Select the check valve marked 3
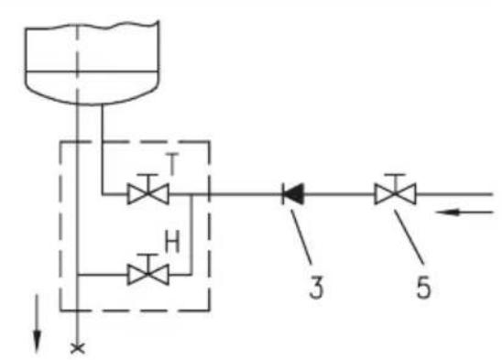pyautogui.click(x=292, y=194)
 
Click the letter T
pyautogui.click(x=172, y=164)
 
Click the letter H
pyautogui.click(x=172, y=242)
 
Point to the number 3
pyautogui.click(x=316, y=288)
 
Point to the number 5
pyautogui.click(x=423, y=288)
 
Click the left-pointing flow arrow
pyautogui.click(x=464, y=212)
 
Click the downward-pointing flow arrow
pyautogui.click(x=38, y=323)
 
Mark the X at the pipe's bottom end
pyautogui.click(x=78, y=348)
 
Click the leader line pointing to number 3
pyautogui.click(x=301, y=237)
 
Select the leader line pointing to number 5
pyautogui.click(x=409, y=237)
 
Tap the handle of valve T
pyautogui.click(x=147, y=175)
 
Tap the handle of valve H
pyautogui.click(x=147, y=256)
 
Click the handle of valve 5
pyautogui.click(x=396, y=175)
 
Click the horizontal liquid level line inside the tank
pyautogui.click(x=92, y=71)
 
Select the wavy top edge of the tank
pyautogui.click(x=92, y=26)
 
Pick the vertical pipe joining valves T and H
pyautogui.click(x=191, y=235)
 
